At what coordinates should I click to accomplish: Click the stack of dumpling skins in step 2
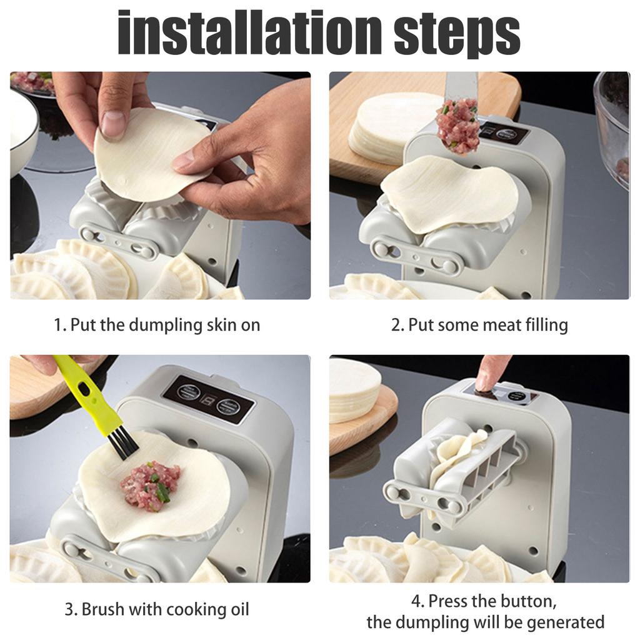coord(387,128)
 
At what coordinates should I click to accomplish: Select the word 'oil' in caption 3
coord(238,609)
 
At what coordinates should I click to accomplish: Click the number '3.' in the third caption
coord(71,609)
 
